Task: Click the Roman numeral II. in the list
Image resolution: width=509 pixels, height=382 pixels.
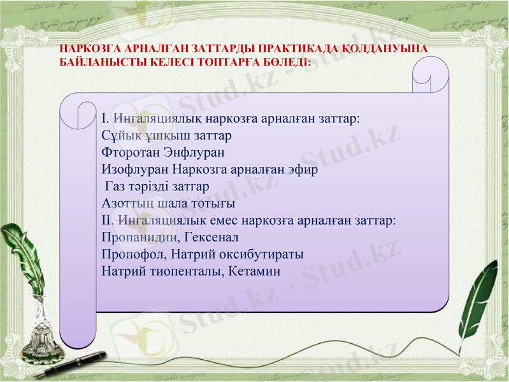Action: pos(107,220)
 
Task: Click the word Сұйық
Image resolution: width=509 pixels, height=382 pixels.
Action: pos(119,136)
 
